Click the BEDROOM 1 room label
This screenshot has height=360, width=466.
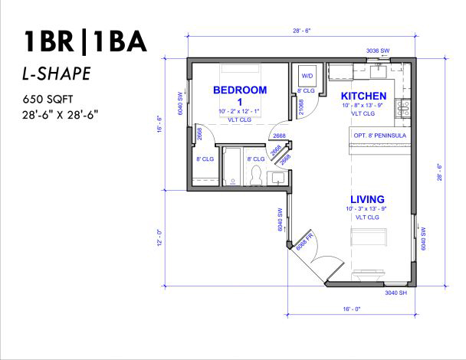pyautogui.click(x=240, y=96)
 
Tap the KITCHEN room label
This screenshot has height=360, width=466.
pyautogui.click(x=363, y=96)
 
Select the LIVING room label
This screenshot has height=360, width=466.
pyautogui.click(x=367, y=199)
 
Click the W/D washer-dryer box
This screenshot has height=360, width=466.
pyautogui.click(x=307, y=76)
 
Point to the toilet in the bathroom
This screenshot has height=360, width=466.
pyautogui.click(x=255, y=175)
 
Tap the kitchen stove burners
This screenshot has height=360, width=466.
pyautogui.click(x=402, y=108)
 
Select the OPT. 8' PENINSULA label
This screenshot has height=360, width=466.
pyautogui.click(x=380, y=136)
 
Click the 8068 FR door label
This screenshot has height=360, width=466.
pyautogui.click(x=304, y=241)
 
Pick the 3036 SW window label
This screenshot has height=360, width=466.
pyautogui.click(x=377, y=51)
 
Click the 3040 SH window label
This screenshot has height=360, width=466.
pyautogui.click(x=395, y=293)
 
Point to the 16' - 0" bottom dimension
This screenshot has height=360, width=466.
pyautogui.click(x=352, y=309)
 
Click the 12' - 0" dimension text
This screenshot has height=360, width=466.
pyautogui.click(x=160, y=237)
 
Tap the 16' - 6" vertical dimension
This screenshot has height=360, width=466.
pyautogui.click(x=160, y=124)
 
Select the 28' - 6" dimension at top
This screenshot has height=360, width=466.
pyautogui.click(x=302, y=31)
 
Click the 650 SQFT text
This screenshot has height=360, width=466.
pyautogui.click(x=48, y=100)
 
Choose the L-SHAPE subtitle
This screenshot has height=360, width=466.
pyautogui.click(x=57, y=74)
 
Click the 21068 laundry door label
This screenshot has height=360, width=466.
pyautogui.click(x=301, y=107)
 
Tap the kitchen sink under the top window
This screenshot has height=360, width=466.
pyautogui.click(x=378, y=71)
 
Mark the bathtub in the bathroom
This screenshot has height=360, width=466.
pyautogui.click(x=231, y=167)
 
